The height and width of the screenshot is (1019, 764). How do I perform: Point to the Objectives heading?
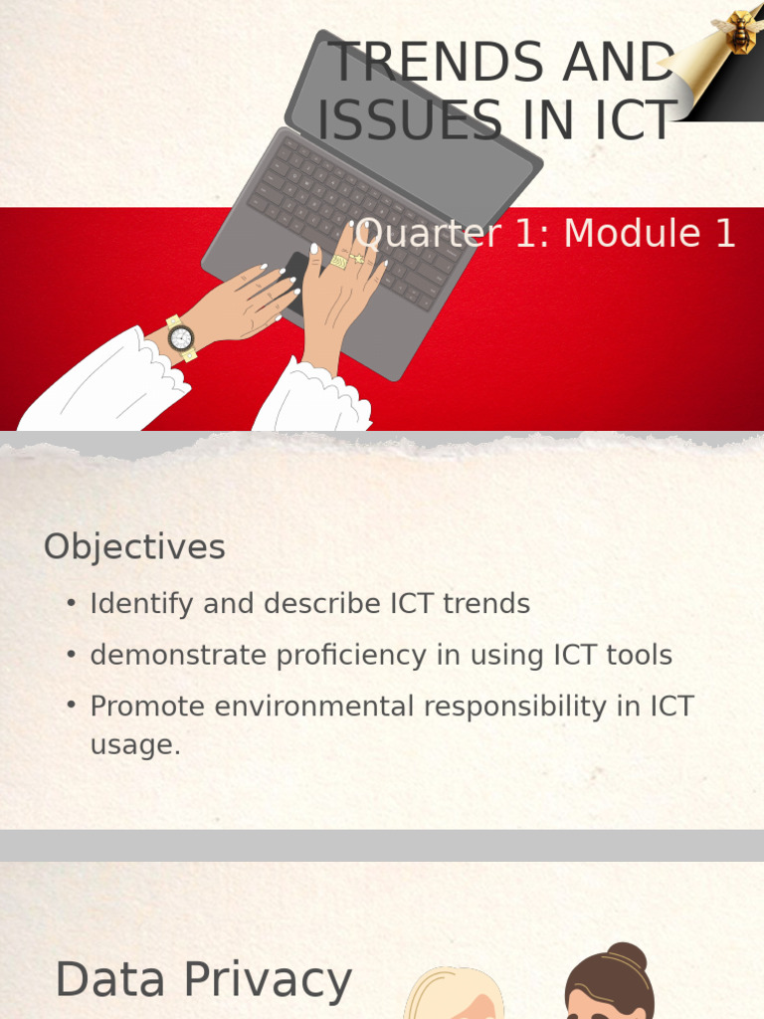point(134,547)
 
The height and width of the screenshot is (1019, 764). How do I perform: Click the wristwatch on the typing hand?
point(180,338)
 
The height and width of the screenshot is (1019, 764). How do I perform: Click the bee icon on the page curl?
point(740,30)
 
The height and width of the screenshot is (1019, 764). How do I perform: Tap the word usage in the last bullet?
point(134,745)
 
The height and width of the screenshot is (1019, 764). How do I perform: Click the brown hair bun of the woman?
point(626,956)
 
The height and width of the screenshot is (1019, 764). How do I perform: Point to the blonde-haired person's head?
point(453,995)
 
